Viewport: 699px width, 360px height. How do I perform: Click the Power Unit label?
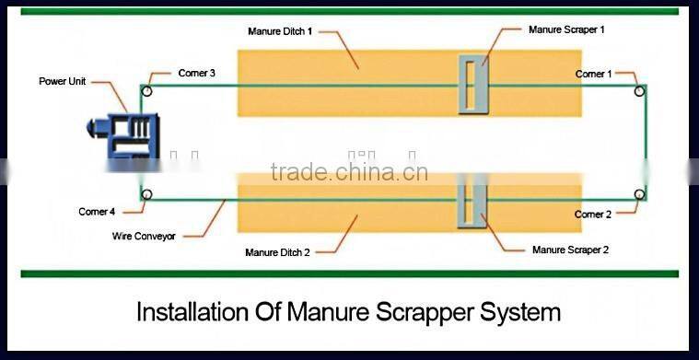63,82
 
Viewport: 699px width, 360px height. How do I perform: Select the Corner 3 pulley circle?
146,91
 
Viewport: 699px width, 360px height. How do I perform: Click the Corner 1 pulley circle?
639,91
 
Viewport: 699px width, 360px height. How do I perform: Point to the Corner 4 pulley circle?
146,194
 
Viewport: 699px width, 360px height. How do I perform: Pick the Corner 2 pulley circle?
639,194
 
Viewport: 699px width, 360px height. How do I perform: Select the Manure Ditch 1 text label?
280,31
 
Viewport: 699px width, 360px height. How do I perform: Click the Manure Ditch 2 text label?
277,252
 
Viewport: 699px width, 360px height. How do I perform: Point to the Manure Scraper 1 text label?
566,29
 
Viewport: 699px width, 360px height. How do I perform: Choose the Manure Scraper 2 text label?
571,250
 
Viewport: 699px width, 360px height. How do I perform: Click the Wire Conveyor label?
144,236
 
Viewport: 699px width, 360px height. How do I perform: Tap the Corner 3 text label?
196,73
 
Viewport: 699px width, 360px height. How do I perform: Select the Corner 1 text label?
593,74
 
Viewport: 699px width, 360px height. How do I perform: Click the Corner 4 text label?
97,212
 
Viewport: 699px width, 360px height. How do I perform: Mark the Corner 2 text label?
592,215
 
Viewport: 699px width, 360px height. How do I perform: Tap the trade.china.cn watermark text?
349,172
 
